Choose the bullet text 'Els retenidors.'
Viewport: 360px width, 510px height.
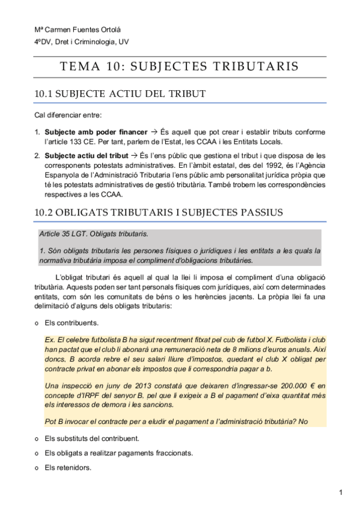click(x=68, y=467)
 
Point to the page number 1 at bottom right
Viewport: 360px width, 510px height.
click(x=340, y=493)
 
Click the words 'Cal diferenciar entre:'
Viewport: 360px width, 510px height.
click(x=68, y=115)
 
